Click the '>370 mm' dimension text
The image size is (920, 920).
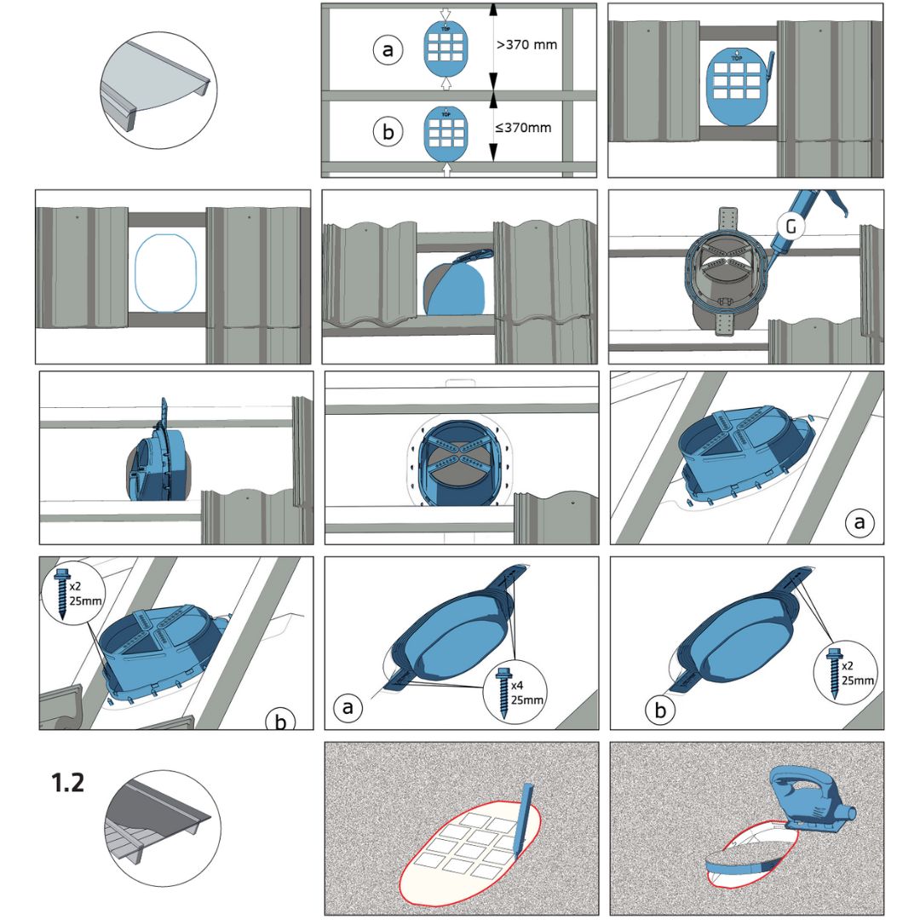[526, 44]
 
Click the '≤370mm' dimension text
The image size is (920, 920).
[523, 128]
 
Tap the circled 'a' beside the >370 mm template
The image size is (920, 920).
[388, 51]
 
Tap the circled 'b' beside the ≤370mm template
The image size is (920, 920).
[388, 133]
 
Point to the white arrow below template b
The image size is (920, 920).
[447, 170]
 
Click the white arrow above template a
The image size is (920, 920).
[447, 11]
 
